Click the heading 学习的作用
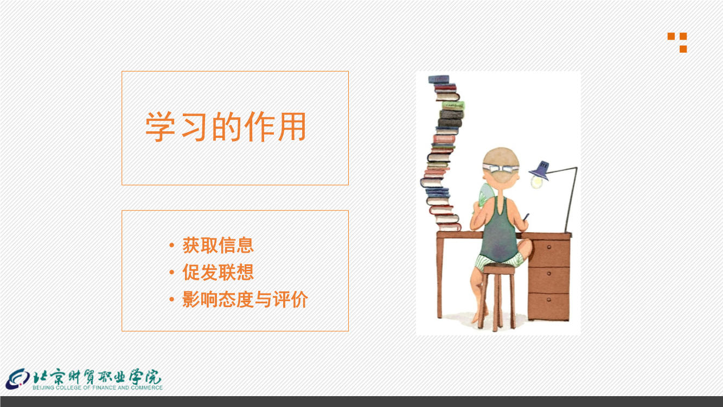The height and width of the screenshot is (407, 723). pos(226,126)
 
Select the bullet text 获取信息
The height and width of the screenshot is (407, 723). pos(218,245)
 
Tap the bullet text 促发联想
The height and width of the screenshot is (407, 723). pos(218,272)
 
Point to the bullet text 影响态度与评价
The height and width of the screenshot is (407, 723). pos(245,299)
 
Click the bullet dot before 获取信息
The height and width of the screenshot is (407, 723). pos(172,245)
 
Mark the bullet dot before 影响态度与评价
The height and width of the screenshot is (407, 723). pos(172,300)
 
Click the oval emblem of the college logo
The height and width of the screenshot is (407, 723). pos(18,379)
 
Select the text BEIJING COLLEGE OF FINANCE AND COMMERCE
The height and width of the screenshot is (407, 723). pos(98,387)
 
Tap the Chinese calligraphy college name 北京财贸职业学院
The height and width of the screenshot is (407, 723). pos(97,376)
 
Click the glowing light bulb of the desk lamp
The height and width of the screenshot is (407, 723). pos(536,182)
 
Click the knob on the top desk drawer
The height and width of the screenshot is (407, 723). pos(549,247)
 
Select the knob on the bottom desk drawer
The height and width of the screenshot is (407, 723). pos(549,300)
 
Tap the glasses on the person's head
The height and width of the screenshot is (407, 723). pos(501,168)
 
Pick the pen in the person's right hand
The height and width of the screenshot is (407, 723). pos(526,217)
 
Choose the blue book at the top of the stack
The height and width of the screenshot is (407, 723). pos(439,79)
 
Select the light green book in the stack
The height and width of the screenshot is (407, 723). pos(453,105)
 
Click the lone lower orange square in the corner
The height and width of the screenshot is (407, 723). pos(683,49)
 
